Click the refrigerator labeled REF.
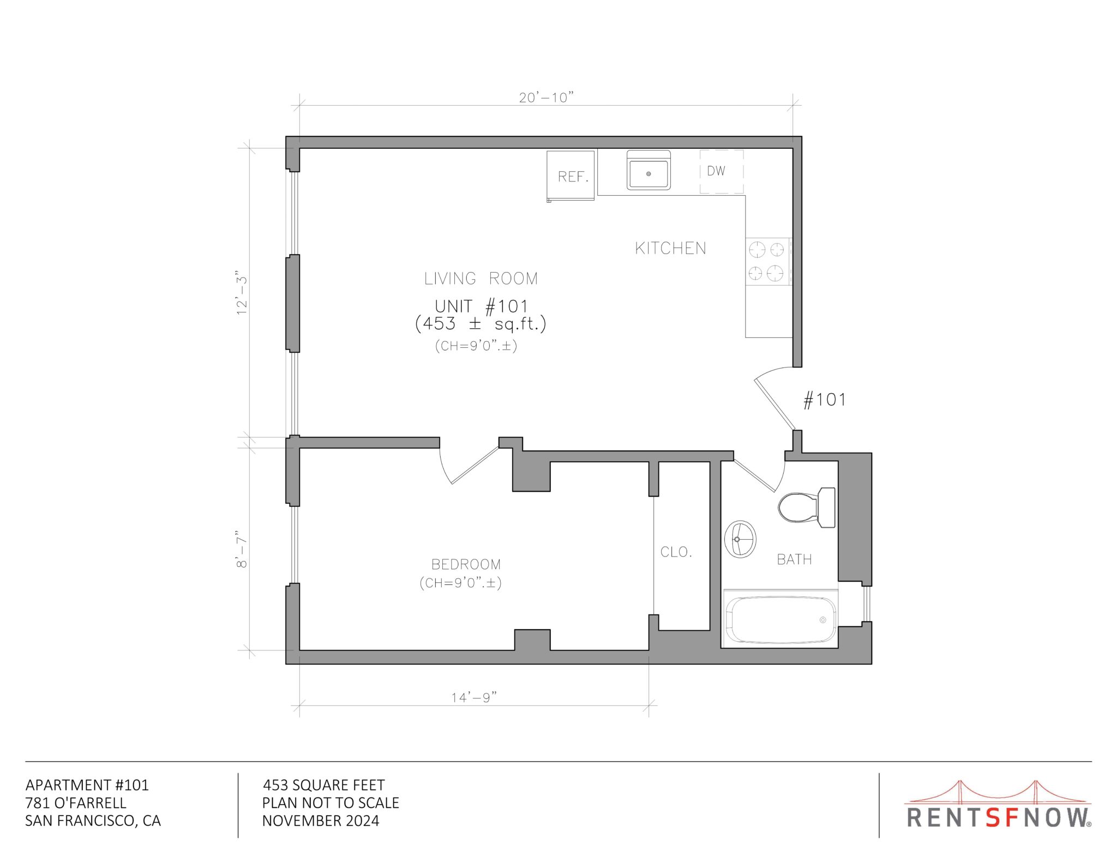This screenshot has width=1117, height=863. coord(570,176)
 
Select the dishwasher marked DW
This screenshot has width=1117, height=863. coord(722,171)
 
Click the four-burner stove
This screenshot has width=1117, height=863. coord(768,261)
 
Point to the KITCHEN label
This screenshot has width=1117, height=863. coord(670,249)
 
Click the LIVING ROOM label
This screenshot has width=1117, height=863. coord(481,279)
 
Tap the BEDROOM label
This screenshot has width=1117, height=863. coord(466,564)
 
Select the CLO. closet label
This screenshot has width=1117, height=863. coord(676,552)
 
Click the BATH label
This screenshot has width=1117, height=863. coord(794,559)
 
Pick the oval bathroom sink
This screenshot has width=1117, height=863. coord(740,539)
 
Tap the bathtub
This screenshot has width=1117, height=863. coord(780,619)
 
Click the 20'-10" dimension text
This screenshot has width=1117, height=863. coord(547,98)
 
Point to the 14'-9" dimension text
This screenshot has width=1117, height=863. coord(474,697)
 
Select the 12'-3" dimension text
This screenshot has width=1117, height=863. coord(242,292)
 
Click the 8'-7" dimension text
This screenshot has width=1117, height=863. coord(242,549)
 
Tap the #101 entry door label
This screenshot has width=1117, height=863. coord(824,400)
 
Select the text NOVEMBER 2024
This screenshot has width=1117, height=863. coord(321,820)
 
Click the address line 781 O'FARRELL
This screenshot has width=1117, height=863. coord(76,802)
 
